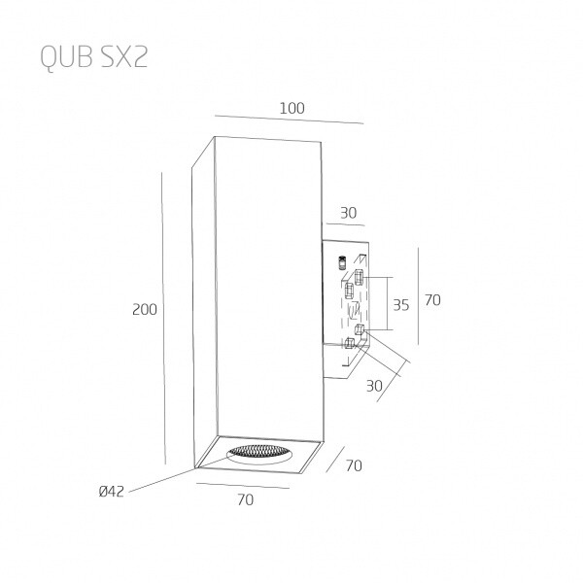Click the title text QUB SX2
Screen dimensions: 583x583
94,57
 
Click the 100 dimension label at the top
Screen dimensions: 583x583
291,108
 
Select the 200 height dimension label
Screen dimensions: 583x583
145,309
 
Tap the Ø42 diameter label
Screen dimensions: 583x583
111,492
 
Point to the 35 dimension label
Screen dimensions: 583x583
400,305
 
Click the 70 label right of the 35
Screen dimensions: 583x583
432,300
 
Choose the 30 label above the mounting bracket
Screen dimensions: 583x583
349,213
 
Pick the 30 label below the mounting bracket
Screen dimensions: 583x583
374,386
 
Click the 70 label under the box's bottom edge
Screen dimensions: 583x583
246,499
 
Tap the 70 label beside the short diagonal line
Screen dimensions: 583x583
354,465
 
